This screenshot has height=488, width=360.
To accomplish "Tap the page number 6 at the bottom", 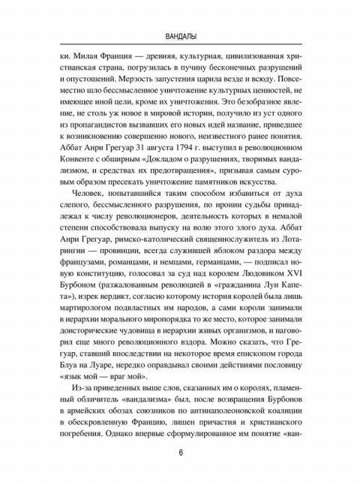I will pyautogui.click(x=180, y=453).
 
